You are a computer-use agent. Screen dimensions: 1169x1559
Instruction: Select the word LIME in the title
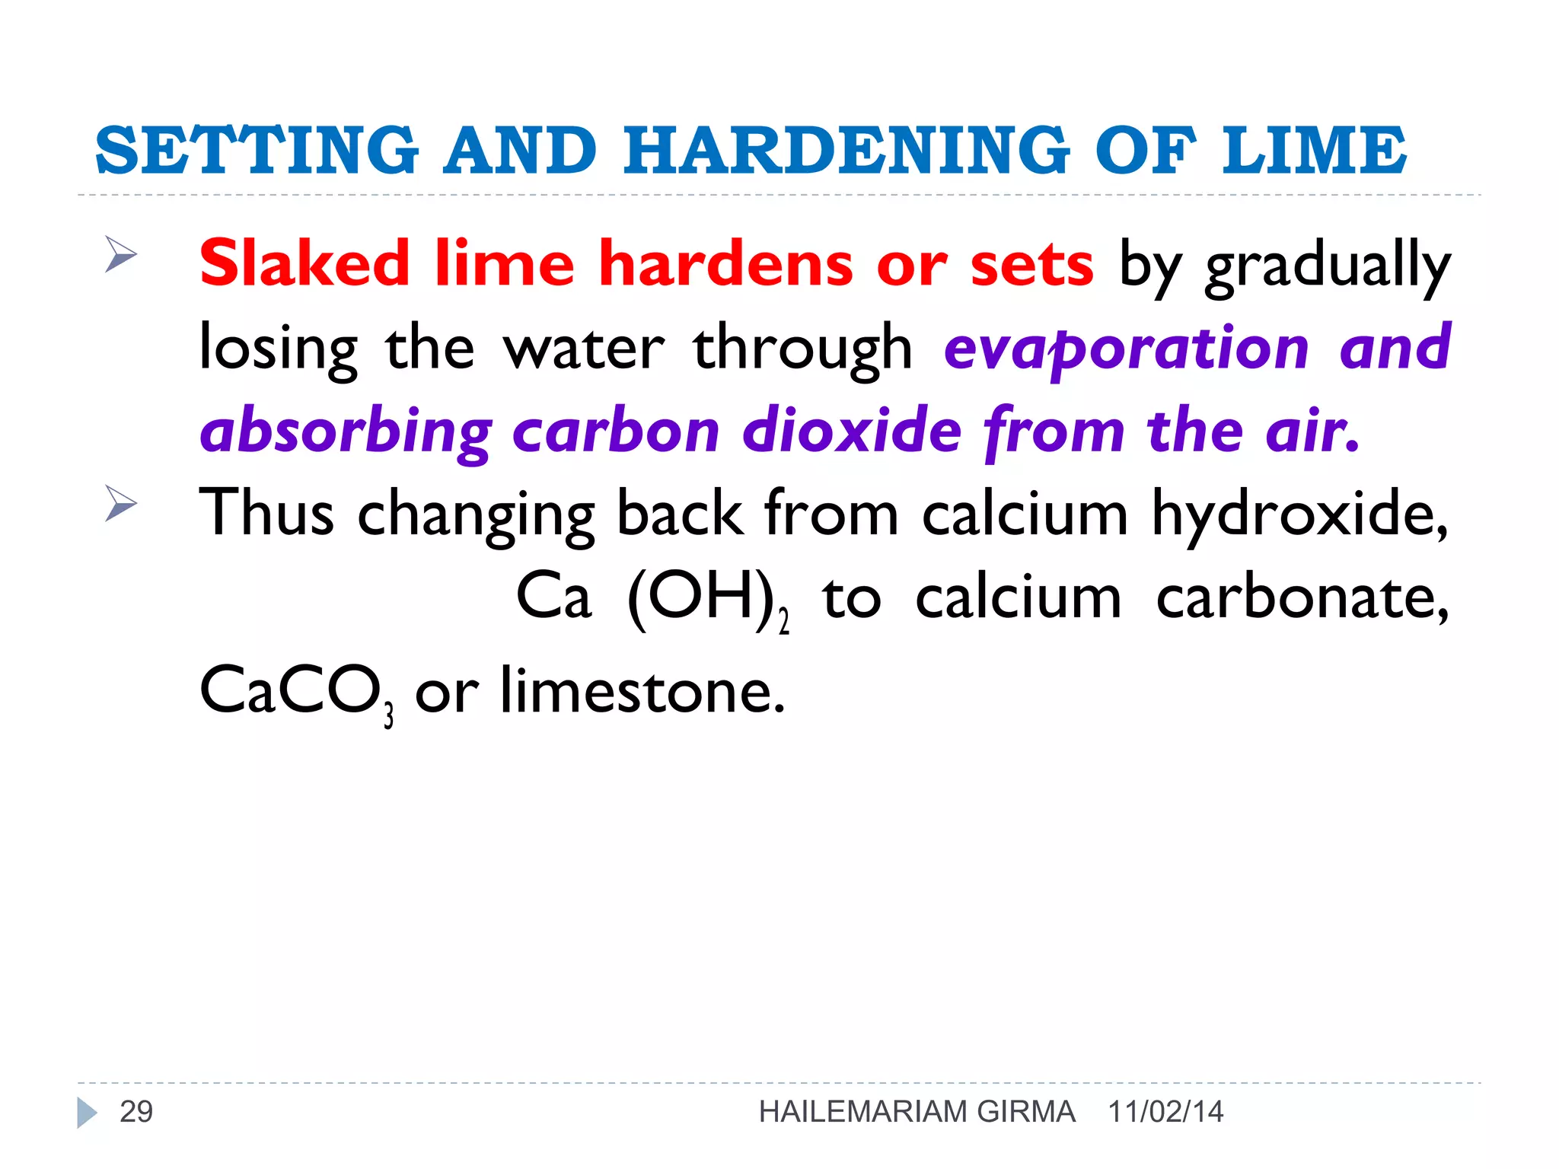click(1314, 150)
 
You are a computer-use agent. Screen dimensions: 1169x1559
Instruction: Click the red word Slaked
click(304, 263)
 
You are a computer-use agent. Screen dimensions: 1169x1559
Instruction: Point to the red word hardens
click(726, 263)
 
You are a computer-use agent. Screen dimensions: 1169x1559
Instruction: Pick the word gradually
click(1328, 266)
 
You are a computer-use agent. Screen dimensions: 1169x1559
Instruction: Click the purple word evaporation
click(1126, 348)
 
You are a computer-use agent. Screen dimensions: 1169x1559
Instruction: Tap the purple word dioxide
click(851, 430)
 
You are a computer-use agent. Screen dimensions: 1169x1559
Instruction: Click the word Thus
click(266, 513)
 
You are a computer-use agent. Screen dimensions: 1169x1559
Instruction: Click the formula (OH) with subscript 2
click(707, 598)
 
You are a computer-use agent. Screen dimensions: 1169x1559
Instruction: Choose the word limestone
click(642, 690)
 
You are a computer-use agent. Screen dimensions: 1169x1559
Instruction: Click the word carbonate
click(1302, 597)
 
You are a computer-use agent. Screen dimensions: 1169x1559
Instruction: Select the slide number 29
click(136, 1112)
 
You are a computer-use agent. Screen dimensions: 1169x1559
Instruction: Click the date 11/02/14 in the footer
click(1165, 1112)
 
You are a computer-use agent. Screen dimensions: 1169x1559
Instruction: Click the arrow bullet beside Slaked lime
click(120, 253)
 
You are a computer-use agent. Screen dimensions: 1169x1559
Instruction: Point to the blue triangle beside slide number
click(87, 1113)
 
